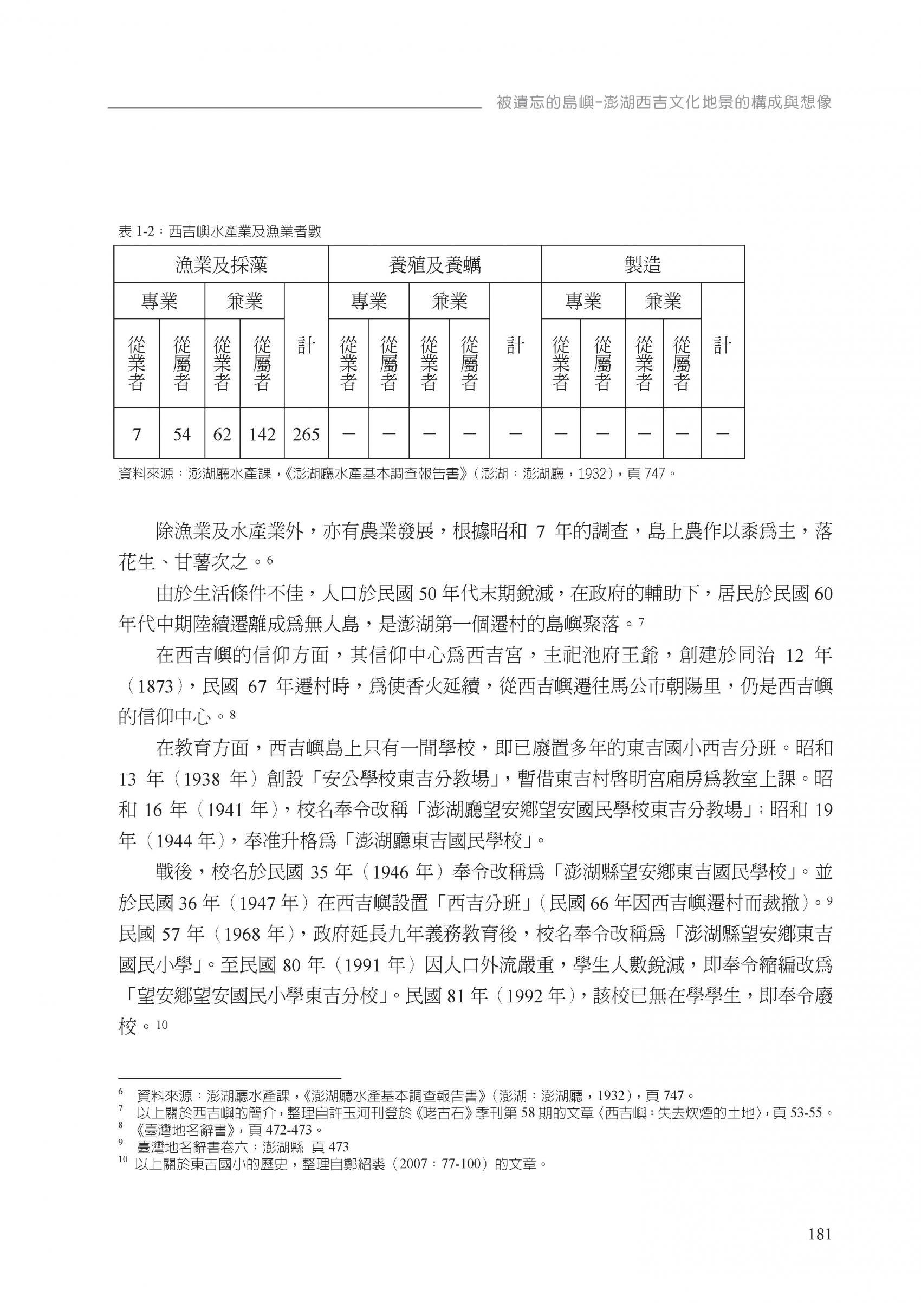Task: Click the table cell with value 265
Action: [306, 435]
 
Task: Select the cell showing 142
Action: [262, 435]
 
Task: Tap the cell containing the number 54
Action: [181, 435]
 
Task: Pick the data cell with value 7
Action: [136, 435]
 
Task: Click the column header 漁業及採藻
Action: [220, 264]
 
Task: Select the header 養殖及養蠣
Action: [434, 264]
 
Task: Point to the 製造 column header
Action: [643, 264]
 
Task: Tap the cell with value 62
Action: [222, 435]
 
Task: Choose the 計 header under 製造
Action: [722, 346]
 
